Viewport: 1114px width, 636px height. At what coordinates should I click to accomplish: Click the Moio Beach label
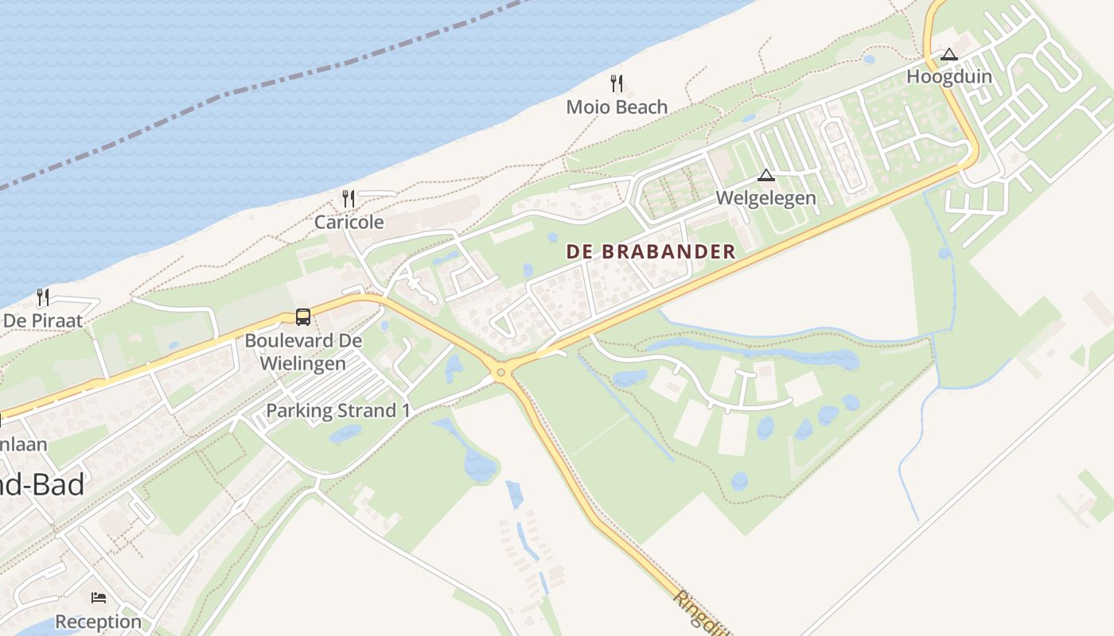pos(617,107)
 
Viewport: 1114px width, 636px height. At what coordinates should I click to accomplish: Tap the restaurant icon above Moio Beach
pos(617,83)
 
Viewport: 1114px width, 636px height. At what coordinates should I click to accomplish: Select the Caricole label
pos(349,222)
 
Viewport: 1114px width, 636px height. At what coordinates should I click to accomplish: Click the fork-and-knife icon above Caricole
pos(349,199)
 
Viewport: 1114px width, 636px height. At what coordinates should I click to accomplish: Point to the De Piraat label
pos(44,320)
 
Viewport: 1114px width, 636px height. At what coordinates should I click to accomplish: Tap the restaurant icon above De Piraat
pos(43,297)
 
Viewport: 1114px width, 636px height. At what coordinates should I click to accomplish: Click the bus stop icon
pos(303,317)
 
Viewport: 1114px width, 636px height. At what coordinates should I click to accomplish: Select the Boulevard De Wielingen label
pos(303,352)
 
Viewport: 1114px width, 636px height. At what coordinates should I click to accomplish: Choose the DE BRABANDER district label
pos(651,252)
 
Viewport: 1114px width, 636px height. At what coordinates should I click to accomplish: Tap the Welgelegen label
pos(766,198)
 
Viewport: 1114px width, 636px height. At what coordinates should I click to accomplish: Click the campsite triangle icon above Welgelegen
pos(766,175)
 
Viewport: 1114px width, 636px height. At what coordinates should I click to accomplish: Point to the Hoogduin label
pos(949,77)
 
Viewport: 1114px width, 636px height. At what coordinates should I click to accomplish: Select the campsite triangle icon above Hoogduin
pos(948,55)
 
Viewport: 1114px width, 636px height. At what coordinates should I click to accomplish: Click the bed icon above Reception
pos(99,598)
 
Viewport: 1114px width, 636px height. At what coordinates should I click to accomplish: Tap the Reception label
pos(99,621)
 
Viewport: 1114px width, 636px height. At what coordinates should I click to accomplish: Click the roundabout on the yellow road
pos(501,372)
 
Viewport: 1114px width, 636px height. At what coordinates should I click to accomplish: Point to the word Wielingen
pos(303,364)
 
